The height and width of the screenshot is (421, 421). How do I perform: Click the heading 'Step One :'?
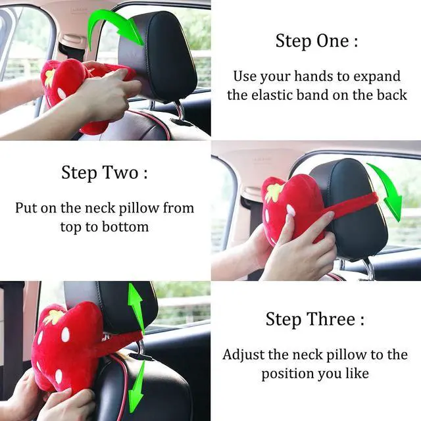tap(316, 41)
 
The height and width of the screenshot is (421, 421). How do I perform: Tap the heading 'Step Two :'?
tap(105, 174)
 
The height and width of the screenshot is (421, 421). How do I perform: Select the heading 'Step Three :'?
tap(315, 320)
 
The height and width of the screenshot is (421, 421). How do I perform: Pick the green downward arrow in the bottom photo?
tap(136, 388)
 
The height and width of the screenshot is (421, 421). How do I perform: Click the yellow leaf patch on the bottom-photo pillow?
tap(52, 316)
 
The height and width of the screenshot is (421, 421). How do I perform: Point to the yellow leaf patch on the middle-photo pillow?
tap(273, 192)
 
